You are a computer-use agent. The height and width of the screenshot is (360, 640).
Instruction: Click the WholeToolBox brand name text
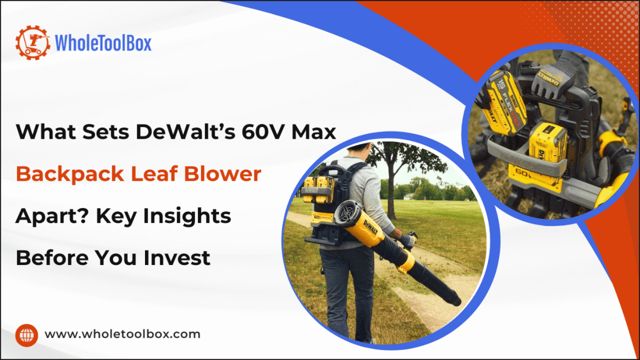coord(103,43)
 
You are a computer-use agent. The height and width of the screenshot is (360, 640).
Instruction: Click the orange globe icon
coord(27,335)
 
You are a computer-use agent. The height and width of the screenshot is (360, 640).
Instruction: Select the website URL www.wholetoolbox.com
coord(122,334)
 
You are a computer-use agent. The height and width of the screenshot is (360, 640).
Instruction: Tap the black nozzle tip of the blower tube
coord(454,300)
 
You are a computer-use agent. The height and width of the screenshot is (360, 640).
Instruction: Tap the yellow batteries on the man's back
coord(318,188)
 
